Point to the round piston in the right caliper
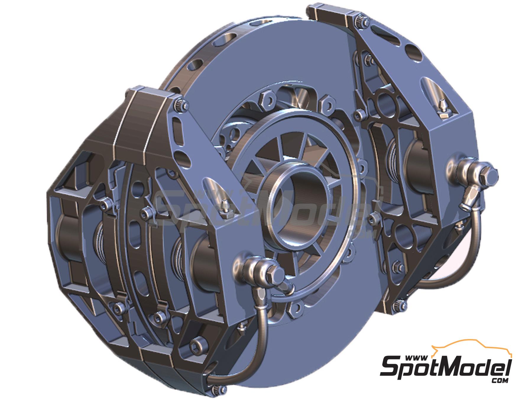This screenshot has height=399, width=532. coord(420,166)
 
